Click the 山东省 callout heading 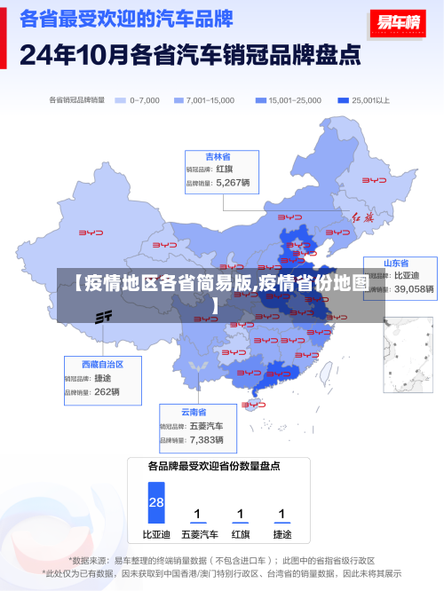396,264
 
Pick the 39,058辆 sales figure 414,289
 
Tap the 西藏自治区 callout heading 102,364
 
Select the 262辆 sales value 107,391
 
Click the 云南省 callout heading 194,412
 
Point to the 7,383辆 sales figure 206,439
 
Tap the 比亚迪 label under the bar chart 156,535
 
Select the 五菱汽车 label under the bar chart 199,535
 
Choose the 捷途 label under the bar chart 281,535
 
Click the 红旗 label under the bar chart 241,535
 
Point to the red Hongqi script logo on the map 364,217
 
